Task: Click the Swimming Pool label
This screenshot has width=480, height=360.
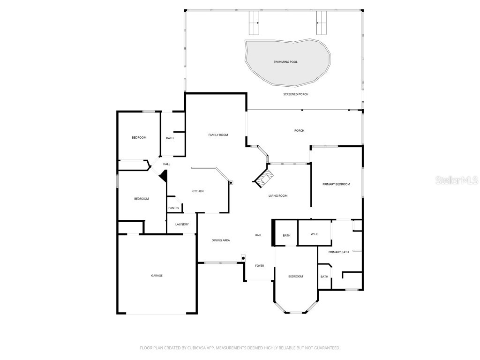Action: click(x=285, y=62)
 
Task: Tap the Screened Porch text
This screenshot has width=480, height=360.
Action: click(x=296, y=94)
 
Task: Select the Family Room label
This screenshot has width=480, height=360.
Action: click(x=218, y=135)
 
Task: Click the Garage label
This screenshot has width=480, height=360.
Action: click(x=157, y=276)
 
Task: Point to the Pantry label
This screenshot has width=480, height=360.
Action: click(x=173, y=208)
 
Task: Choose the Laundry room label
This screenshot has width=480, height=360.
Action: click(x=182, y=225)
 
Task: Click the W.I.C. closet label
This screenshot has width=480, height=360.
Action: click(x=315, y=234)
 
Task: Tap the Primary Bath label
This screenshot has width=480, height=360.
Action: click(x=338, y=252)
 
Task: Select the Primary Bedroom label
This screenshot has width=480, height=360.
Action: click(x=336, y=184)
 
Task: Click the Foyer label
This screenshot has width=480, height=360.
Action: click(x=259, y=266)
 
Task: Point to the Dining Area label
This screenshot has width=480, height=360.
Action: click(x=220, y=240)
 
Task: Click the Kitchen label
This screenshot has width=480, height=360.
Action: click(x=197, y=191)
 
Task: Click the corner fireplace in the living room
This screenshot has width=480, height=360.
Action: click(x=264, y=178)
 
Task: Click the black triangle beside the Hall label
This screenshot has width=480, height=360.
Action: click(x=164, y=176)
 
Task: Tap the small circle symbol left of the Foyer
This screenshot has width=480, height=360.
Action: click(x=243, y=257)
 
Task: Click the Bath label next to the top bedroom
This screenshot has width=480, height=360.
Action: click(x=170, y=138)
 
